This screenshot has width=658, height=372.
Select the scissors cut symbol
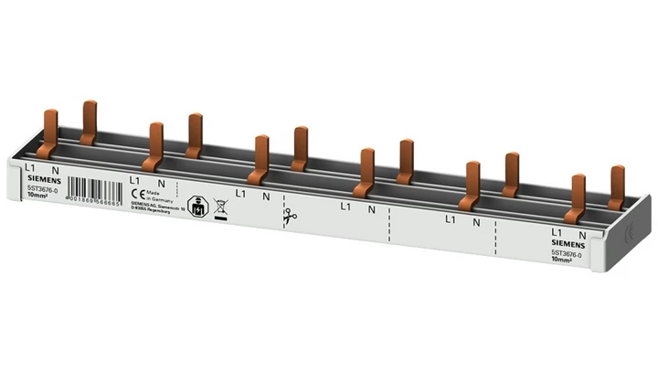[290, 218]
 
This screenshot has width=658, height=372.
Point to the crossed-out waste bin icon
[219, 206]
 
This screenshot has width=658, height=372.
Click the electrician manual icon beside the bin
[196, 203]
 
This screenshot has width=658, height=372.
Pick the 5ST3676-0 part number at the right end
[568, 252]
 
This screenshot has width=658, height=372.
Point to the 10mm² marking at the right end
[564, 260]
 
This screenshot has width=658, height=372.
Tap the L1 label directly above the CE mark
[136, 181]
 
